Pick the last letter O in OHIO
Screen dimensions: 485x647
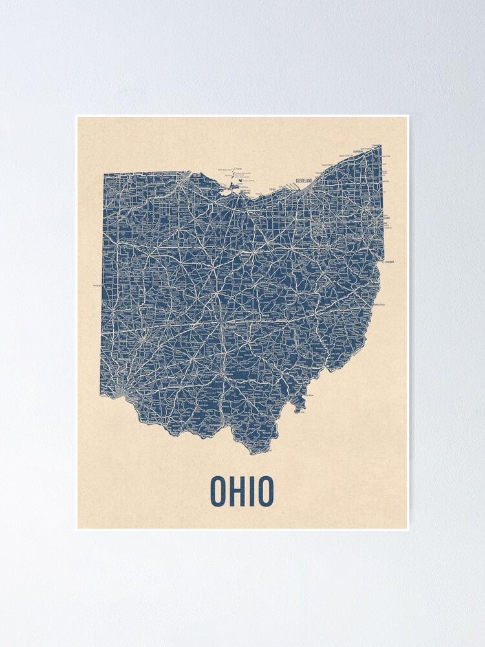pyautogui.click(x=265, y=492)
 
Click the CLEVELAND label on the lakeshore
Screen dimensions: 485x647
pyautogui.click(x=303, y=181)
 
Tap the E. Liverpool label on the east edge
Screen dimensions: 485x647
pyautogui.click(x=388, y=262)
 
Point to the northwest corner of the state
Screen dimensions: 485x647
pyautogui.click(x=104, y=173)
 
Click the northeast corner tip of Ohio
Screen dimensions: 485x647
pyautogui.click(x=380, y=146)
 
